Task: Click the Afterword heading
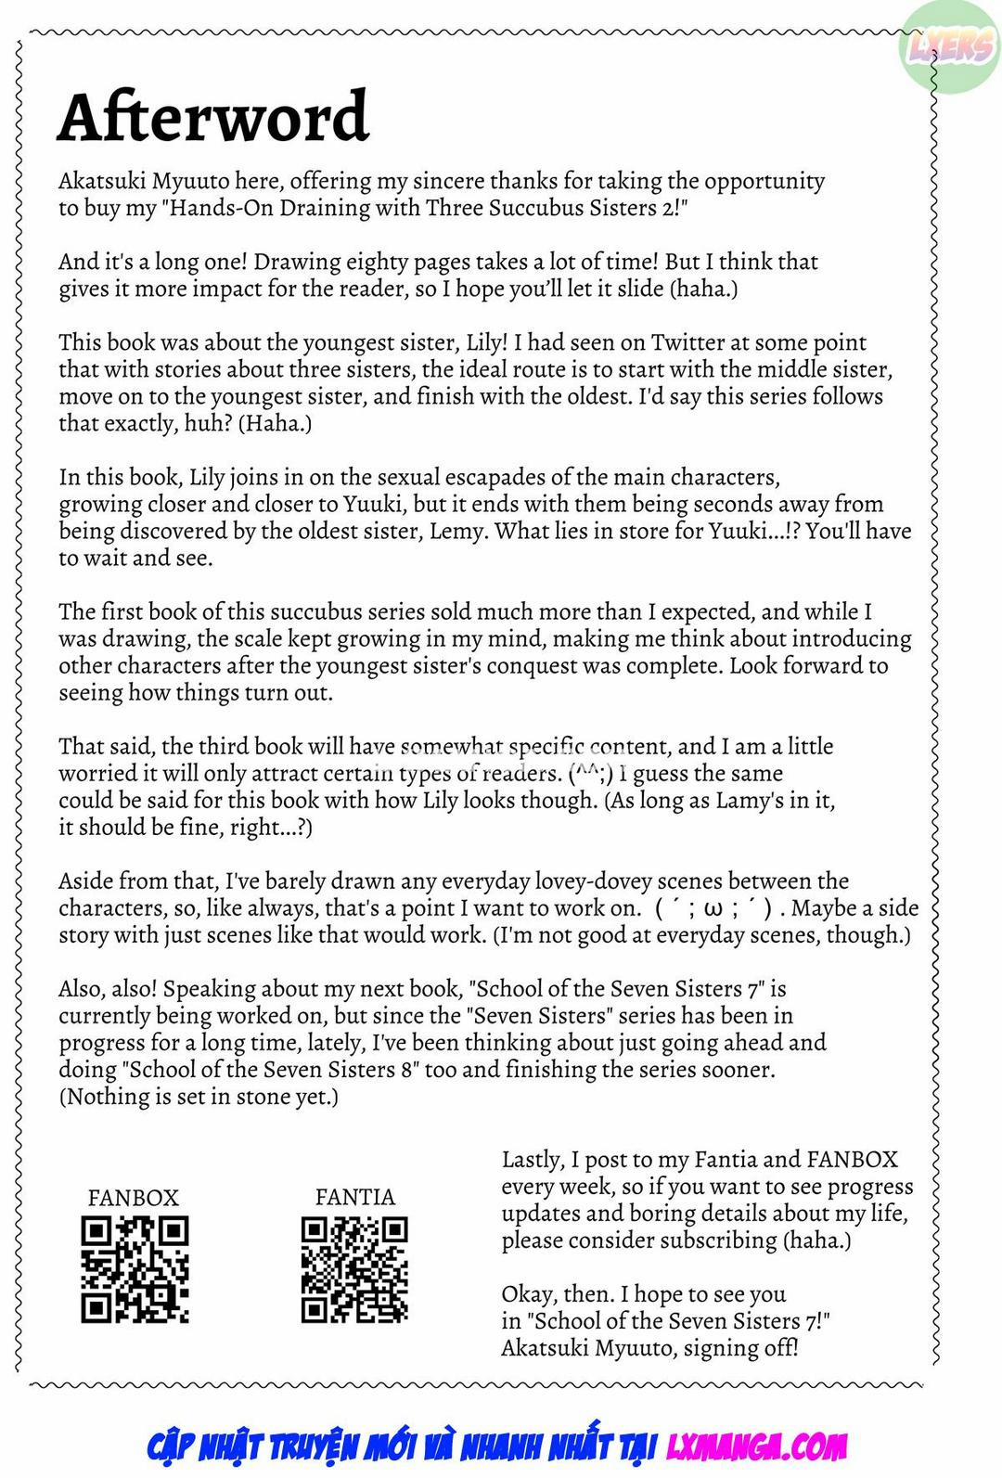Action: (213, 117)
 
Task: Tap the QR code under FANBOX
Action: (135, 1268)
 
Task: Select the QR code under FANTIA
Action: (354, 1268)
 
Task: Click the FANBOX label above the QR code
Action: (133, 1197)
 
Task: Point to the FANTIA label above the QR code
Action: (354, 1197)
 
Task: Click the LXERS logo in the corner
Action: (951, 47)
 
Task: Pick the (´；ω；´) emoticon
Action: (713, 908)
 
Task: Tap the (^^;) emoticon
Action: (591, 773)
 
